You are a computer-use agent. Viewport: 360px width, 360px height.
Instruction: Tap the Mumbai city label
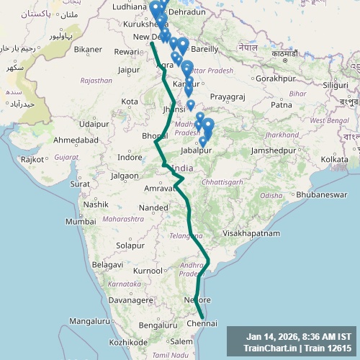click(81, 222)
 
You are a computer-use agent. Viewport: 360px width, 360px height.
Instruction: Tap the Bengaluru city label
click(158, 325)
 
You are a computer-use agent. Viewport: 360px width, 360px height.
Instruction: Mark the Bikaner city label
click(88, 50)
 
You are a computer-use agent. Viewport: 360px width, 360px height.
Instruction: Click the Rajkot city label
click(33, 158)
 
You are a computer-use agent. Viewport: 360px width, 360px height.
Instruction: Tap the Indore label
click(130, 157)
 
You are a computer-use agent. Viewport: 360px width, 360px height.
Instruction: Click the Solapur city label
click(130, 246)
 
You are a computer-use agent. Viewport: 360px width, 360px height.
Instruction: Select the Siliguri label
click(335, 85)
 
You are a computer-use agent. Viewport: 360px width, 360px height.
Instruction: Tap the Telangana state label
click(180, 235)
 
